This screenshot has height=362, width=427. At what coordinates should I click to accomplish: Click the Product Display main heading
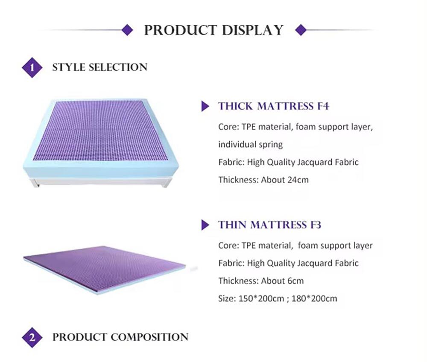213,30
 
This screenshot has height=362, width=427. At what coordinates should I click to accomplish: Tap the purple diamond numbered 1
32,68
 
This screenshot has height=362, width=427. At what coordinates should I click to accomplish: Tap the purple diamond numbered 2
32,337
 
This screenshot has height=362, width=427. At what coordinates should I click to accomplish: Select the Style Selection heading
99,67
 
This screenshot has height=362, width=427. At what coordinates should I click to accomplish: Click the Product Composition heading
120,337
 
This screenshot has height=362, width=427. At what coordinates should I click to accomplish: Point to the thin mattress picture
105,267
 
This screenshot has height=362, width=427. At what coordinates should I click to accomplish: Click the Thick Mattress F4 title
274,106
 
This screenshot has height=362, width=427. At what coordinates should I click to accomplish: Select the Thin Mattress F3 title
270,225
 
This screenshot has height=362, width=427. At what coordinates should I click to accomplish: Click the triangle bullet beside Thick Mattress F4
205,107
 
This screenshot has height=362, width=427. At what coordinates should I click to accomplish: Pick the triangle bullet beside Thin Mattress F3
205,225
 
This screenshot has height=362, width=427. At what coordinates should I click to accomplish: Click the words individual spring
251,145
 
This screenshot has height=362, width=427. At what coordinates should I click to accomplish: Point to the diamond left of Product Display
127,30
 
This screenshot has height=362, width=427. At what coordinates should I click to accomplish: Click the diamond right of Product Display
301,30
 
